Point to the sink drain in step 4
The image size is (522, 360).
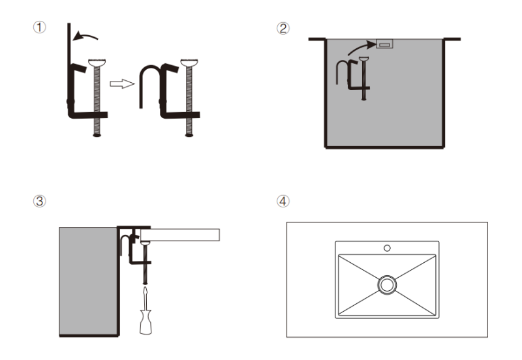[x=387, y=284]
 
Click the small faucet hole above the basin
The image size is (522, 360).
[x=387, y=248]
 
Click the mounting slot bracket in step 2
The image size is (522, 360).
[x=384, y=45]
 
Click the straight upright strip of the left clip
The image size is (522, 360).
[x=67, y=52]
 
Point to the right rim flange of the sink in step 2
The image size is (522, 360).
[x=452, y=39]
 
